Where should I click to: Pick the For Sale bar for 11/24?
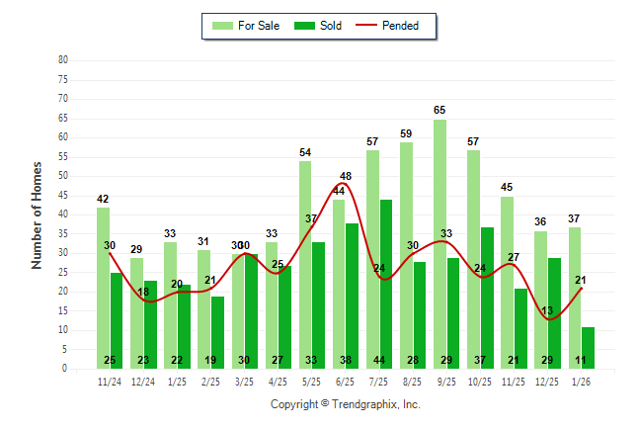coord(104,288)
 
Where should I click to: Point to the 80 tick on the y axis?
coord(63,60)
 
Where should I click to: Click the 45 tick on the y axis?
coord(63,196)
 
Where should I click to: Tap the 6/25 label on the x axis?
coord(346,381)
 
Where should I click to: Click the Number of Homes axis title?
coord(37,214)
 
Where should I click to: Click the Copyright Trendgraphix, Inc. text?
coord(346,404)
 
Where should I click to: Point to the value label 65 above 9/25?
coord(439,110)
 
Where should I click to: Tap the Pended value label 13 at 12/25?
coord(546,311)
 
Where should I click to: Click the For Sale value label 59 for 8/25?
coord(406,133)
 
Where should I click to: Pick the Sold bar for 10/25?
coord(487,297)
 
